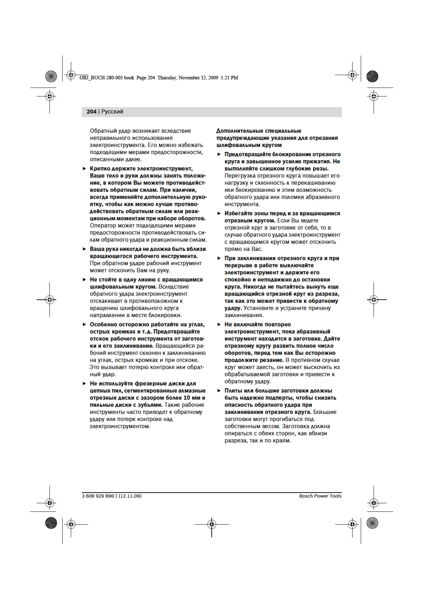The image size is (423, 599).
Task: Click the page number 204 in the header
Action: [x=91, y=112]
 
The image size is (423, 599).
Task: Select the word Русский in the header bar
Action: [x=112, y=112]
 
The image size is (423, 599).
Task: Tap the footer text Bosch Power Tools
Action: [x=320, y=496]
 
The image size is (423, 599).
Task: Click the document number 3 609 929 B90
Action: [x=98, y=496]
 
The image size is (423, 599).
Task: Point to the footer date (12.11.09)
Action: [x=130, y=496]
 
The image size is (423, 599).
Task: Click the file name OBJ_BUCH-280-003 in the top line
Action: [x=101, y=78]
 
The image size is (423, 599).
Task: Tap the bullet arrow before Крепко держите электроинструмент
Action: [x=85, y=169]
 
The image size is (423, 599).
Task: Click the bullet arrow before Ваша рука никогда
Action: [x=85, y=249]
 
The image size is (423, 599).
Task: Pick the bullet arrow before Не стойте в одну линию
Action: [x=85, y=280]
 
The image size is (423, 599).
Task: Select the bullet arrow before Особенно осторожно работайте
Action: [x=85, y=324]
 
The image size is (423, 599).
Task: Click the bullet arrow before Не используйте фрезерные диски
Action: [x=85, y=383]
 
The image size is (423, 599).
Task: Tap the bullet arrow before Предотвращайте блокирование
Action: [x=219, y=154]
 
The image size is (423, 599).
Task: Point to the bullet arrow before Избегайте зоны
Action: [x=219, y=213]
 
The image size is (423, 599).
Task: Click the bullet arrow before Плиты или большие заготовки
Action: [x=219, y=391]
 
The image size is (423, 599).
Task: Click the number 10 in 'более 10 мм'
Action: [x=187, y=398]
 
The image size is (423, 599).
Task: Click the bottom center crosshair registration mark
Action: [x=212, y=524]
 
